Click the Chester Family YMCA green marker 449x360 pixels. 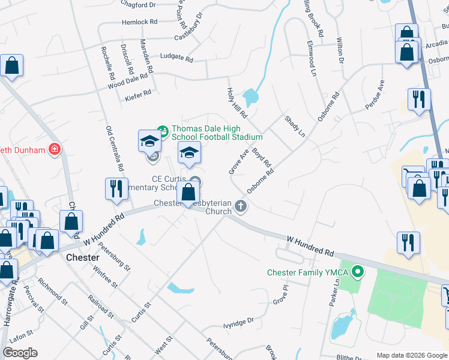click(x=359, y=273)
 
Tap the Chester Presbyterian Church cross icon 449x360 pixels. click(x=241, y=206)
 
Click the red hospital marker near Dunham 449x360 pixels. click(x=55, y=149)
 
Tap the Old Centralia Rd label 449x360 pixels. click(x=114, y=148)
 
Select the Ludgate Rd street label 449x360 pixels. click(x=176, y=59)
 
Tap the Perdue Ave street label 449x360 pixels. click(x=375, y=95)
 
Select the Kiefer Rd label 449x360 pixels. click(x=138, y=93)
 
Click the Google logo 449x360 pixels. click(x=20, y=353)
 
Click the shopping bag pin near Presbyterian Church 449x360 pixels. click(x=188, y=192)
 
